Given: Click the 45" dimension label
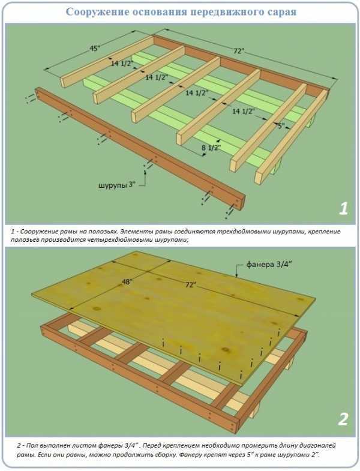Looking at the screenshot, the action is pos(95,48).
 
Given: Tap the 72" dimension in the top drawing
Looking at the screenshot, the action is pos(238,51).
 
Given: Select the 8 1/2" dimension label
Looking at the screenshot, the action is pos(211,148).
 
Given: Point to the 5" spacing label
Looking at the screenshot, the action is pos(280,126).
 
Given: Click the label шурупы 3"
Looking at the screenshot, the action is pos(117,185).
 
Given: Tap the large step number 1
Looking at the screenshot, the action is pos(343,208).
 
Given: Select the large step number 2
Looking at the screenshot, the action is pos(343,419).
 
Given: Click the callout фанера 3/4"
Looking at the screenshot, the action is pos(269,265).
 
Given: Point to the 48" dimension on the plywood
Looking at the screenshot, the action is pos(127,282).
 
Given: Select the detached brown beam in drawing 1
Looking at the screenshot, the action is pos(140,148).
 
